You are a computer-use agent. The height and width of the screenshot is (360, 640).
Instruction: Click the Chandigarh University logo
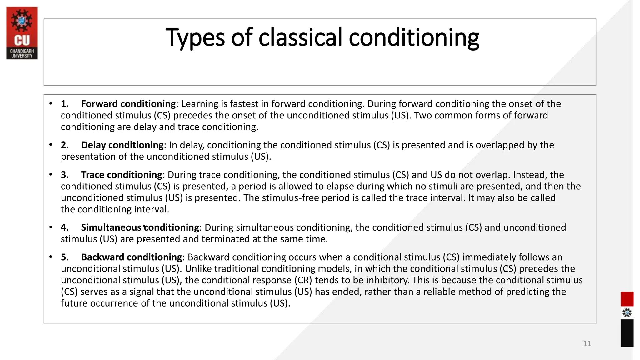pyautogui.click(x=22, y=33)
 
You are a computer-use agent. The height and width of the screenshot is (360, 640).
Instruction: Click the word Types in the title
pyautogui.click(x=195, y=38)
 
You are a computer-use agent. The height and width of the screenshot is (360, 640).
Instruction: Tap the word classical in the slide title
pyautogui.click(x=300, y=37)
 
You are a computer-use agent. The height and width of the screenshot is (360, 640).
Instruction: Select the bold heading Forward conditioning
pyautogui.click(x=128, y=104)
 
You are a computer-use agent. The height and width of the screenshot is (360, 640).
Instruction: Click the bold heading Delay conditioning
pyautogui.click(x=122, y=145)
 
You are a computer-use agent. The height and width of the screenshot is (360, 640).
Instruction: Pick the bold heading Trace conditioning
pyautogui.click(x=122, y=175)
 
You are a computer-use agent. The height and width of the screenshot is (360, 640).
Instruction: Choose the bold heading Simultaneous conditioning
pyautogui.click(x=140, y=227)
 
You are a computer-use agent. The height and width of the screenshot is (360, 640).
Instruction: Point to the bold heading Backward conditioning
pyautogui.click(x=131, y=257)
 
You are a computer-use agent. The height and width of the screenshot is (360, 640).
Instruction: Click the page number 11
pyautogui.click(x=587, y=344)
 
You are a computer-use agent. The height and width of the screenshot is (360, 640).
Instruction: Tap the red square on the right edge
pyautogui.click(x=627, y=299)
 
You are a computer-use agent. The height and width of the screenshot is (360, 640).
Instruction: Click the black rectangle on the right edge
pyautogui.click(x=627, y=333)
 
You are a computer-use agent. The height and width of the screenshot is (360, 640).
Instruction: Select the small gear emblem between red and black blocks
pyautogui.click(x=627, y=313)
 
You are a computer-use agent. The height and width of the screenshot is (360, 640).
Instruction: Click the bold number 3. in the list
pyautogui.click(x=65, y=175)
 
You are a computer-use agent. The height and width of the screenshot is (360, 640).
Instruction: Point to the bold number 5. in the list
pyautogui.click(x=65, y=257)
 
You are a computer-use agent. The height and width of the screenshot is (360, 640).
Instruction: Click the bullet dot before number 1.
pyautogui.click(x=51, y=103)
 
